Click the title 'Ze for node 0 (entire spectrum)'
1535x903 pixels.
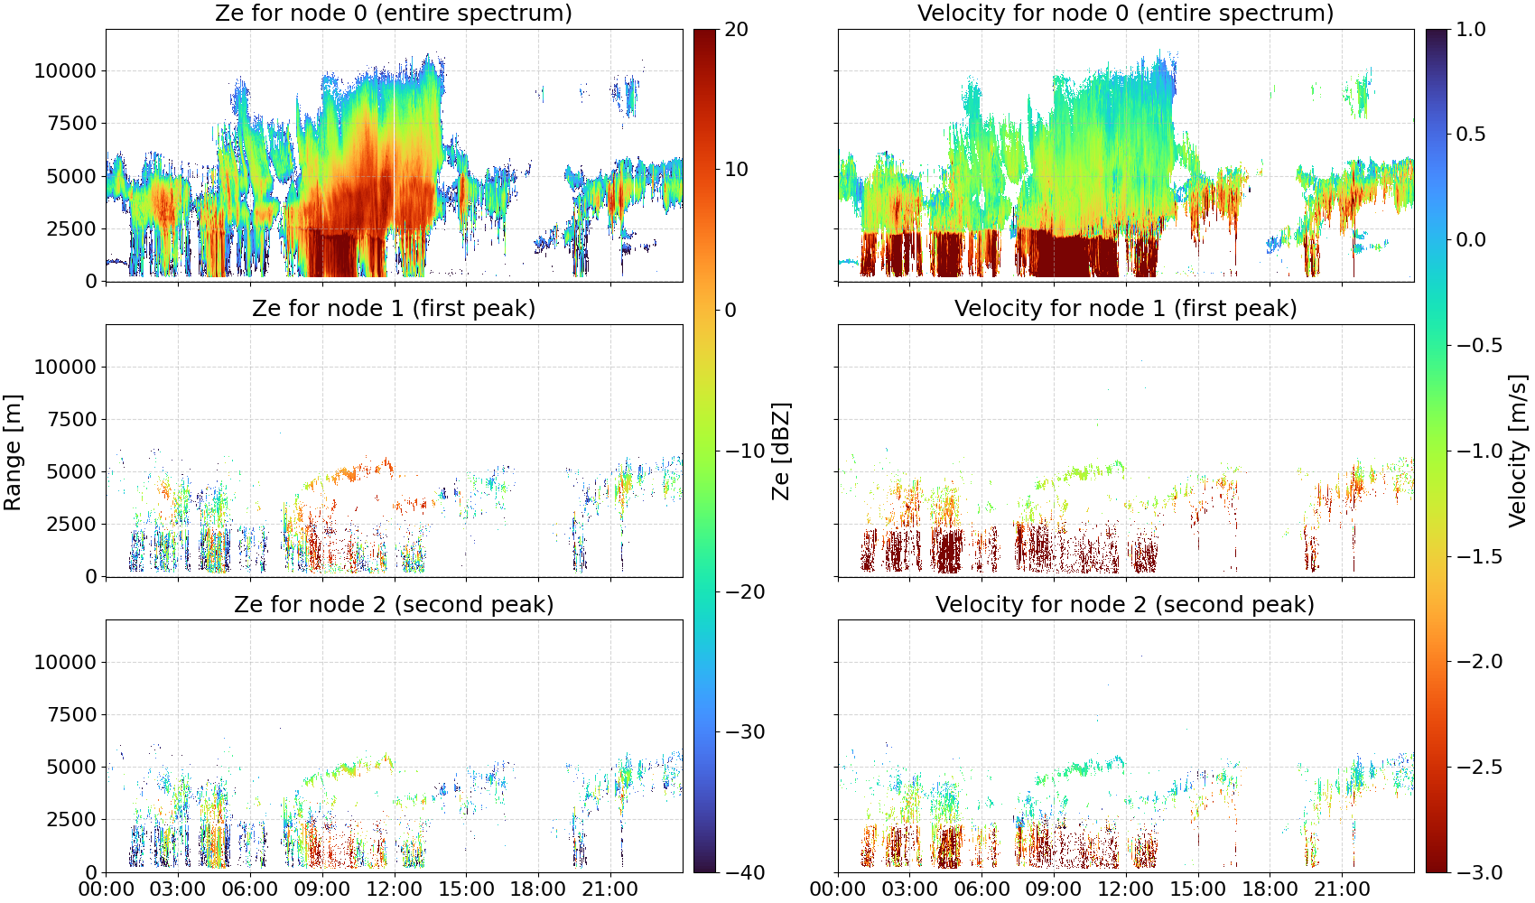[x=394, y=13]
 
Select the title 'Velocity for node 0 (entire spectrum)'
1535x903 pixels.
[x=1126, y=13]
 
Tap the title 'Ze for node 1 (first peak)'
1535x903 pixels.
[x=394, y=308]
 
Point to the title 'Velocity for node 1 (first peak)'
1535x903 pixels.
[x=1126, y=308]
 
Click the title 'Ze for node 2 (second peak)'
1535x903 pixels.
[x=394, y=604]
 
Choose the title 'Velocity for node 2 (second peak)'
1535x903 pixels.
[x=1125, y=604]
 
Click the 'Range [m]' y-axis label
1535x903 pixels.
[x=13, y=452]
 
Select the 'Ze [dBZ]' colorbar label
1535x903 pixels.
[x=780, y=451]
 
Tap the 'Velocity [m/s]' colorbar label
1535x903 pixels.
[x=1518, y=451]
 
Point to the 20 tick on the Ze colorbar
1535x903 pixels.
[x=736, y=30]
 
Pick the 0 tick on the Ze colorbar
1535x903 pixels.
[x=730, y=311]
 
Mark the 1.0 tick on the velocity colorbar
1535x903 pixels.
[x=1471, y=30]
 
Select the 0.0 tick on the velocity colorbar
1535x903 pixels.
[x=1471, y=240]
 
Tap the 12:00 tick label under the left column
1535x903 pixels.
[x=394, y=889]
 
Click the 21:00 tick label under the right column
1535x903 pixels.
[x=1342, y=889]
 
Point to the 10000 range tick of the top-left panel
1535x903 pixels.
[x=65, y=70]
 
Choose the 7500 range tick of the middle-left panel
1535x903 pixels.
[x=71, y=419]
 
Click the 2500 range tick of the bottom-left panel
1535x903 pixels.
[x=71, y=819]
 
